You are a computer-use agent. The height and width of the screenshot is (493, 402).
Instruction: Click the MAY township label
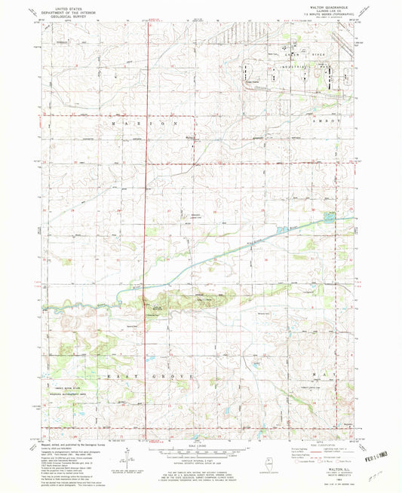coord(328,374)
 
